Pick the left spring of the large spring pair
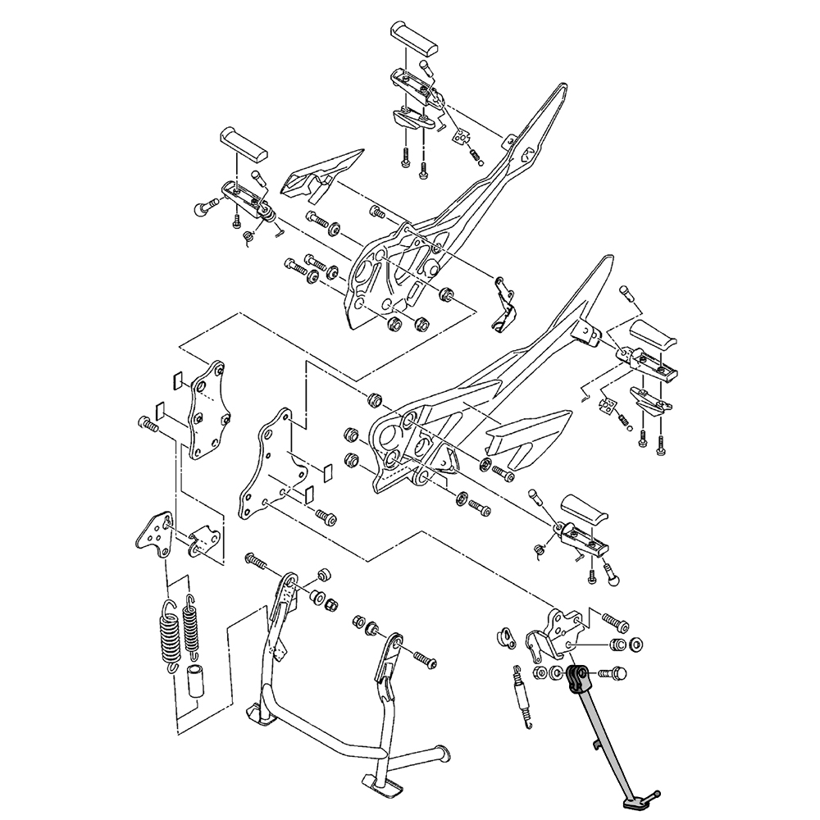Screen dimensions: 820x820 [x=168, y=635]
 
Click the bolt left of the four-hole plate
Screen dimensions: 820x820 [x=148, y=425]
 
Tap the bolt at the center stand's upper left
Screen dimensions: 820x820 [x=256, y=562]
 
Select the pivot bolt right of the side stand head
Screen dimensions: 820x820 [x=612, y=673]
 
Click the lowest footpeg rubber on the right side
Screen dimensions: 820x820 [x=584, y=512]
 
